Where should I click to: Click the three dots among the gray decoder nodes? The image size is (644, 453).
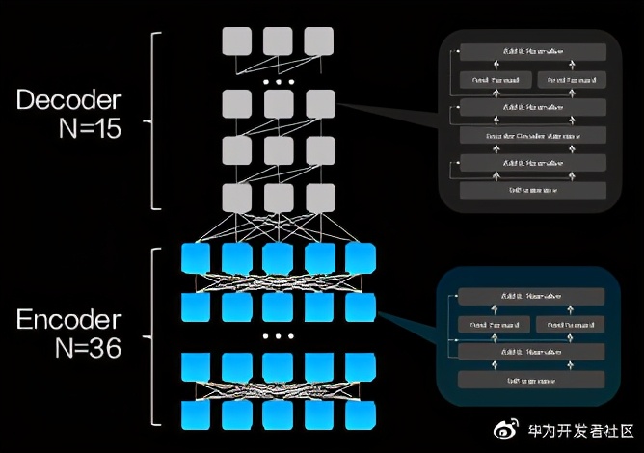point(278,83)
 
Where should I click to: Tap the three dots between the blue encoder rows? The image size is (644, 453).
point(278,337)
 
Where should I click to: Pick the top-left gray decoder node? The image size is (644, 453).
point(237,40)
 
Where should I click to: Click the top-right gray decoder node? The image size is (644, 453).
point(318,40)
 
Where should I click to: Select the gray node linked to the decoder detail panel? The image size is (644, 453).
point(320,103)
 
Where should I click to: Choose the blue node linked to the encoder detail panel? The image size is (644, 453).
point(360,306)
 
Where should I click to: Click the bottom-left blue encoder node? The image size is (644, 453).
point(196,414)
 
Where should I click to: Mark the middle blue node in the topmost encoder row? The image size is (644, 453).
point(278,258)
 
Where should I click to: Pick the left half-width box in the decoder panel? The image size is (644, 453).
point(495,78)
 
